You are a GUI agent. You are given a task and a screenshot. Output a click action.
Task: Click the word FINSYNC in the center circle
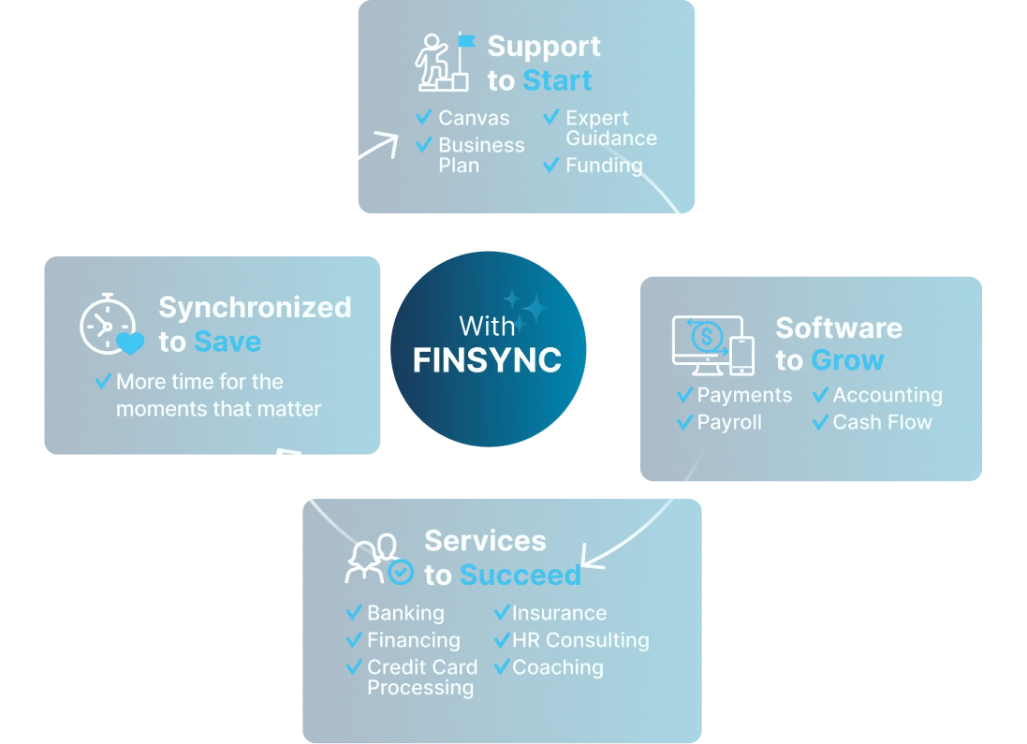(487, 359)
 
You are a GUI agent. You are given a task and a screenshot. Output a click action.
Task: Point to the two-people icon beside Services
(377, 558)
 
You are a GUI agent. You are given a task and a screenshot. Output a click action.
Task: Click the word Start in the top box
(557, 81)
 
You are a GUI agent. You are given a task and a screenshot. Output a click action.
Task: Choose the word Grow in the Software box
(848, 360)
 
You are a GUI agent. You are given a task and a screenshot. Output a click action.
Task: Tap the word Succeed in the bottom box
(521, 575)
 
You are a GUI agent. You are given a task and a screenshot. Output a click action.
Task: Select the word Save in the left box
(227, 342)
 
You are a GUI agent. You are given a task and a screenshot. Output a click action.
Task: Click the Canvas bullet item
(474, 118)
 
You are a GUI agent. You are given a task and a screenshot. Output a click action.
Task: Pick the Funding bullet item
(604, 166)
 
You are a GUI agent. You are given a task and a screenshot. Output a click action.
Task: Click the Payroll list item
(729, 422)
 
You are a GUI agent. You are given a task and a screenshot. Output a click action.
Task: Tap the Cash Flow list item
(882, 422)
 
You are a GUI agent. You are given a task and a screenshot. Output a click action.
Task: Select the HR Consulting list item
(580, 640)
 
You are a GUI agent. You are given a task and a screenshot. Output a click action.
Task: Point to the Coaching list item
(558, 667)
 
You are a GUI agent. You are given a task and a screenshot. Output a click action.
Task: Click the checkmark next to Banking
(354, 613)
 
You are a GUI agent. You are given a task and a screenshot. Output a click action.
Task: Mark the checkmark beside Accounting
(820, 395)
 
